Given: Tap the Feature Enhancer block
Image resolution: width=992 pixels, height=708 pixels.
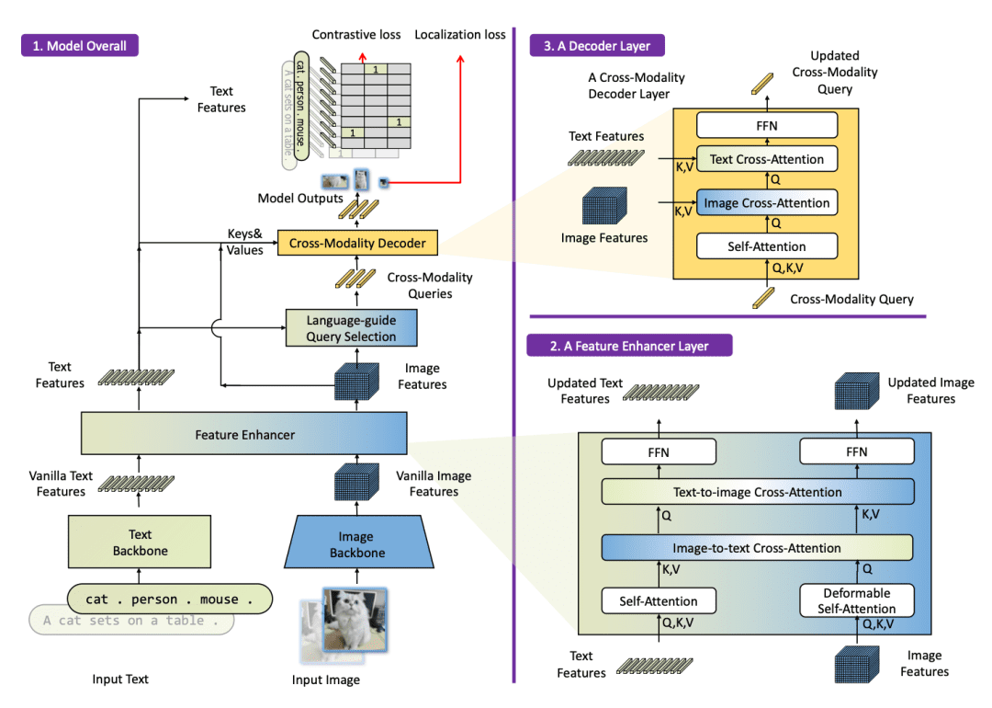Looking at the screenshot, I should (244, 434).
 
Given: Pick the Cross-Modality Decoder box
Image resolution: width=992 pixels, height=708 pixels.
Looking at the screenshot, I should (357, 244).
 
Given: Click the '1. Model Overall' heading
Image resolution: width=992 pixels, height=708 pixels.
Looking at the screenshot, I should (80, 46).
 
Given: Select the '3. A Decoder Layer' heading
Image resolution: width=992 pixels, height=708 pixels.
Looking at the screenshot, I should (596, 46).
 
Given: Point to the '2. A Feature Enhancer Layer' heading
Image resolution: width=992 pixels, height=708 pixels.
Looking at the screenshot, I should (629, 346).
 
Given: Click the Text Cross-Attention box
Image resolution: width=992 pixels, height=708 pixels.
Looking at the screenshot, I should (767, 159).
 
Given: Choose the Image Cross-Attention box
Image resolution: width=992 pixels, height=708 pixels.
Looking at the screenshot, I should (767, 203).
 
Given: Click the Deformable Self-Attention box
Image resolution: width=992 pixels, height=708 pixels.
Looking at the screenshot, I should (857, 600).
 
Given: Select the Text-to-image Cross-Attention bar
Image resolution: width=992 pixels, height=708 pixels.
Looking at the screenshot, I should (758, 492).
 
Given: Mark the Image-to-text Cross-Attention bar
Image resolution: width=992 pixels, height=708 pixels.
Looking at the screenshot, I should (758, 548).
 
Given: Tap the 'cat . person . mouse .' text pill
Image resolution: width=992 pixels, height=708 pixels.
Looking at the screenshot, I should (170, 600).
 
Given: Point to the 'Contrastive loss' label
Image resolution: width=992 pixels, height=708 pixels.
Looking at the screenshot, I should (356, 35).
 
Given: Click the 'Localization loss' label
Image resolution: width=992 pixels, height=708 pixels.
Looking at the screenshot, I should (459, 35).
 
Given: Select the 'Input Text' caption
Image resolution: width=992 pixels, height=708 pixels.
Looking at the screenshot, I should (120, 679).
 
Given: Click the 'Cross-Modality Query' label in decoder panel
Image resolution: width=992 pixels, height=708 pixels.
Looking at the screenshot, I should (851, 299).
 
